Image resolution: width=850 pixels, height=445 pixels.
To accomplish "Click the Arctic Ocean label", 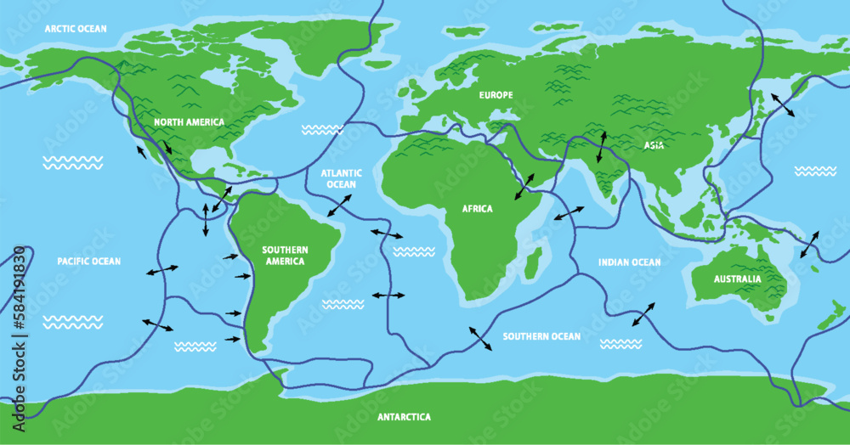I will coord(76,29).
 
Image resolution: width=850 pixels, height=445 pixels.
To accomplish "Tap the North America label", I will coord(189,122).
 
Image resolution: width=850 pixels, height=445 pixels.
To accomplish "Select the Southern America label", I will coord(285,255).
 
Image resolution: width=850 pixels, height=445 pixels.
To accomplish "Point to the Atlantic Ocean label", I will coord(341,178).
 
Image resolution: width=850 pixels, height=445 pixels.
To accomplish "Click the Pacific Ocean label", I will coord(89,262).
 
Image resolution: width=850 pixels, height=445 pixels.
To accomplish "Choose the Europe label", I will coord(496,95).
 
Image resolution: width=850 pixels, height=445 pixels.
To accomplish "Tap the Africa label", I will coord(477,209).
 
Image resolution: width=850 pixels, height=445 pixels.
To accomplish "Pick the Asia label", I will coord(654,146).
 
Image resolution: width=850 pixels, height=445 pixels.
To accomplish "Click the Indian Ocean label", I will coord(628,262).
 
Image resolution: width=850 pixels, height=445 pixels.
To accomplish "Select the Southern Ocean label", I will coord(541,337).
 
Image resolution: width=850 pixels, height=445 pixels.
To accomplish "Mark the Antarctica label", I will coord(405,417).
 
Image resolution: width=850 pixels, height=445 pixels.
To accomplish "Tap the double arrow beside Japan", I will coord(783,105).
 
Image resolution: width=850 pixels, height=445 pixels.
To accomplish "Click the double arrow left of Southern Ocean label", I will coord(479,337).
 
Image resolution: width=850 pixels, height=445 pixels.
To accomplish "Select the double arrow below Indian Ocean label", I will coord(643,313).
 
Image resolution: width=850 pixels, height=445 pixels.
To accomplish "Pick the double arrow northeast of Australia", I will coord(808,244).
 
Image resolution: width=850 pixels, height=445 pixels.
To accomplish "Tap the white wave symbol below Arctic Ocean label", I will coord(73,161).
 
